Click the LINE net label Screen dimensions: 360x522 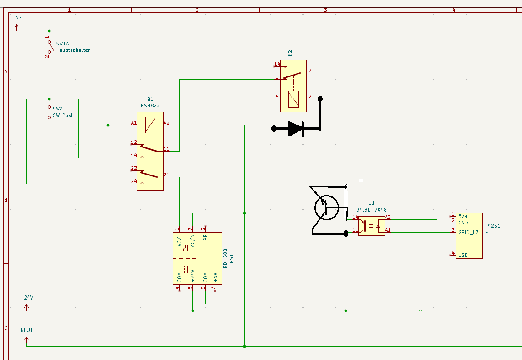click(16, 17)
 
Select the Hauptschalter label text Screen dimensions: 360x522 click(73, 50)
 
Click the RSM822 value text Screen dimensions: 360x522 click(150, 105)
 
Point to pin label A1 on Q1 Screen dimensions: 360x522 click(134, 123)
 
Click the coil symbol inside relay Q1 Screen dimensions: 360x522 click(150, 125)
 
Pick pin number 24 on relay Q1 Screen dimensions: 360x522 click(134, 181)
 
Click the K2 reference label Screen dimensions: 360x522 click(290, 53)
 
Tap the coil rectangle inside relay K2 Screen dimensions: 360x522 click(293, 99)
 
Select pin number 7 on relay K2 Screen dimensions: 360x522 click(310, 71)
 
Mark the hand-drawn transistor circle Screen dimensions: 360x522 click(326, 208)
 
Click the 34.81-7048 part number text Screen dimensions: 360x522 click(371, 210)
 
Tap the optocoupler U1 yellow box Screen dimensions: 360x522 click(371, 225)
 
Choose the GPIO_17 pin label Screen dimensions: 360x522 click(468, 232)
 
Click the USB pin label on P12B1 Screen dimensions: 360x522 click(462, 255)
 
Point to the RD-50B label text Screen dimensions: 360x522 click(225, 258)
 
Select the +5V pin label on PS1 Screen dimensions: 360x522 click(216, 277)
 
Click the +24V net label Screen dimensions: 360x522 click(27, 298)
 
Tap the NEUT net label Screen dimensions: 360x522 click(27, 330)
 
